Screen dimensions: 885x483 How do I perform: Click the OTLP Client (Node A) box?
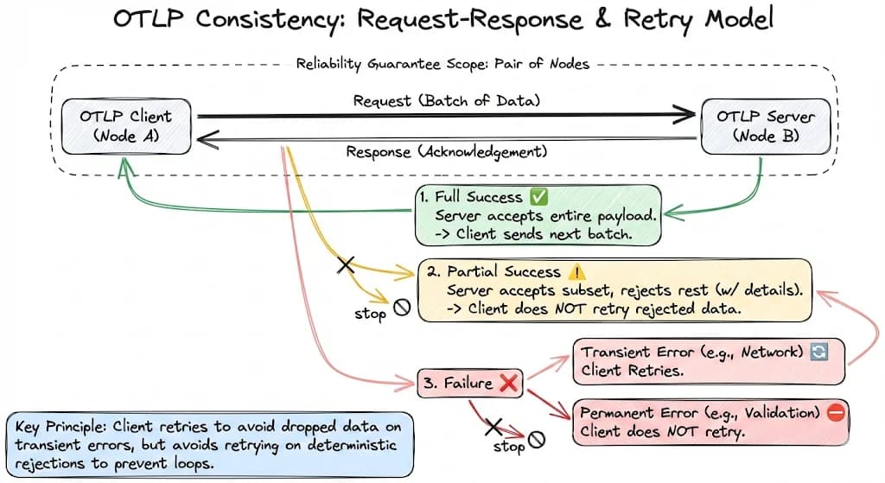pos(126,126)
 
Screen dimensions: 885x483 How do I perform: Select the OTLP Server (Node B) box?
pos(766,126)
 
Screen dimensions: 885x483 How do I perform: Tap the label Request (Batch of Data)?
pos(447,101)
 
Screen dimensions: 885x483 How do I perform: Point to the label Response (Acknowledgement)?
pos(447,152)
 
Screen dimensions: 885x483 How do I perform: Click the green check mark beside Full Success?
pos(538,196)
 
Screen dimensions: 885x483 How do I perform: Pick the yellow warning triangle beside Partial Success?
pos(576,272)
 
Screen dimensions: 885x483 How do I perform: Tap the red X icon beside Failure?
pos(508,383)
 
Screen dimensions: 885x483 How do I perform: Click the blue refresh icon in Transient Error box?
pos(819,352)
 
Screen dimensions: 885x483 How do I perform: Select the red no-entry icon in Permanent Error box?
pos(836,413)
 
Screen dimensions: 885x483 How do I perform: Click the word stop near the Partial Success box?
pos(370,313)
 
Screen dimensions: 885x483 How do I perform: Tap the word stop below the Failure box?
pos(509,447)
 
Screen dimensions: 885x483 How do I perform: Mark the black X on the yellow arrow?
pos(346,264)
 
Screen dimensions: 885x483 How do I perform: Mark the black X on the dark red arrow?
pos(493,427)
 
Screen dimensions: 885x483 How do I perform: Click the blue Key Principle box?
pos(210,445)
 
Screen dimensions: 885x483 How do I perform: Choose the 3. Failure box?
pos(469,383)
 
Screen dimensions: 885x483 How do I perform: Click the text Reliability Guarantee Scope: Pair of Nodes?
pos(442,64)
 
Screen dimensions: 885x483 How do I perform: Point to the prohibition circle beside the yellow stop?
pos(402,308)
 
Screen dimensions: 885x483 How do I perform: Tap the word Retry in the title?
pos(658,21)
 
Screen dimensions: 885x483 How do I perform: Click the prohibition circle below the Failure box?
pos(536,440)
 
